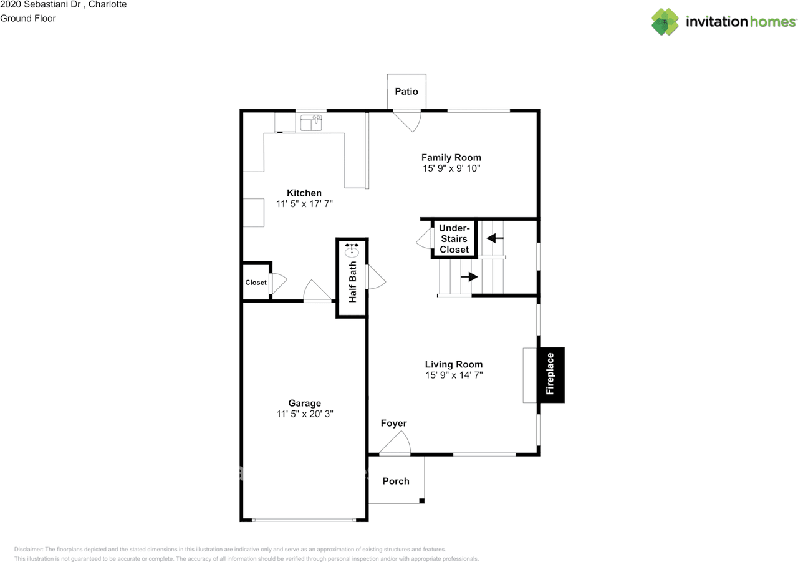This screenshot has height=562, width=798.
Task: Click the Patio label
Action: point(406,92)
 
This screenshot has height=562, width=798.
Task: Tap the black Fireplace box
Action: point(551,374)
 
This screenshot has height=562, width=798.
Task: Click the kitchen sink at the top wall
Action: point(311,123)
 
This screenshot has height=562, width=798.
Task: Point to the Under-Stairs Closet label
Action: point(454,239)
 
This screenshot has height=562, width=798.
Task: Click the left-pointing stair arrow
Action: point(496,238)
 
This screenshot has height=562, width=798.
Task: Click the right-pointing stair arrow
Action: point(469,276)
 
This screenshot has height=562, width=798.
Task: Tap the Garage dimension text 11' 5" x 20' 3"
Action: point(305,414)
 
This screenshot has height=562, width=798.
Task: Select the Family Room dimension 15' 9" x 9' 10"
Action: point(451,169)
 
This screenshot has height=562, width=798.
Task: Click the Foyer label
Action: point(393,424)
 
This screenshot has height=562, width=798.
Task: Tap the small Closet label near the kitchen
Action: point(256,283)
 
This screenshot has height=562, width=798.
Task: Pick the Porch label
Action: point(396,481)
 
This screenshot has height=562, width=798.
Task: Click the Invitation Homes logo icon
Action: point(665,22)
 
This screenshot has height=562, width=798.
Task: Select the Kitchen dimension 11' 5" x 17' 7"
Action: point(304,204)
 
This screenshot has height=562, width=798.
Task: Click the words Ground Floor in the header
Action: point(28,19)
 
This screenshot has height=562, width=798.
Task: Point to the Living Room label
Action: point(453,364)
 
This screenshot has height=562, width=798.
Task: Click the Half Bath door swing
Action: point(376,277)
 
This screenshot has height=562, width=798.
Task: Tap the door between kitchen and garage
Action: point(317,291)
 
